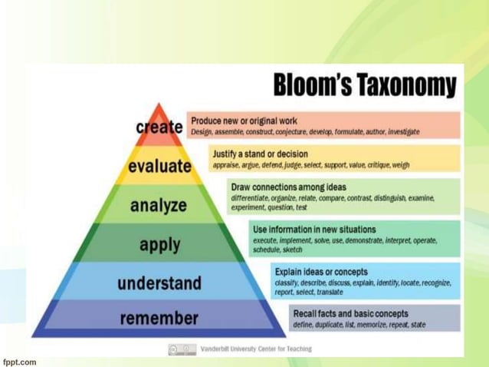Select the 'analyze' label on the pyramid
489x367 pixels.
coord(159,205)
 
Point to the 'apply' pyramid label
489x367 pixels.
coord(159,245)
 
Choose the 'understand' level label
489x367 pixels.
coord(159,283)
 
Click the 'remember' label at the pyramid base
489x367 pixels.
coord(159,317)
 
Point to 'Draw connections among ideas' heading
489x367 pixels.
coord(288,187)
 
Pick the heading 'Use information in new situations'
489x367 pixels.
coord(314,229)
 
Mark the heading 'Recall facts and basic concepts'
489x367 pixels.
coord(350,313)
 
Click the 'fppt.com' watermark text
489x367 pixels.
coord(19,360)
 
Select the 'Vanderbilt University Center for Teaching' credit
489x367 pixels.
coord(256,349)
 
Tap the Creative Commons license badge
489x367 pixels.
coord(182,349)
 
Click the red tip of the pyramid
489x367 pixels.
coord(159,110)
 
